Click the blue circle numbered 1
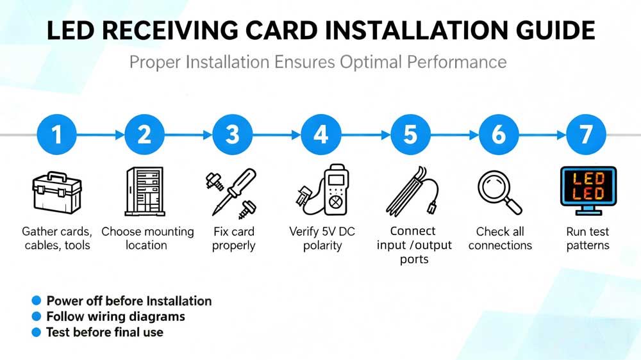[x=57, y=135]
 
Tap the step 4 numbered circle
[x=321, y=135]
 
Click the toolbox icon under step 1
[x=57, y=192]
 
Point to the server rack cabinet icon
[x=144, y=191]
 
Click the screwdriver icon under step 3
[x=233, y=192]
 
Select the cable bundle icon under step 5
[x=410, y=190]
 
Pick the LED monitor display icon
[x=588, y=188]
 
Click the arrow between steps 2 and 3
[x=188, y=135]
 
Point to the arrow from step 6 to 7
[x=542, y=135]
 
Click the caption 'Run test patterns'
[x=588, y=238]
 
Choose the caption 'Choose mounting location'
[x=147, y=238]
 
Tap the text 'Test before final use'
[x=104, y=332]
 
